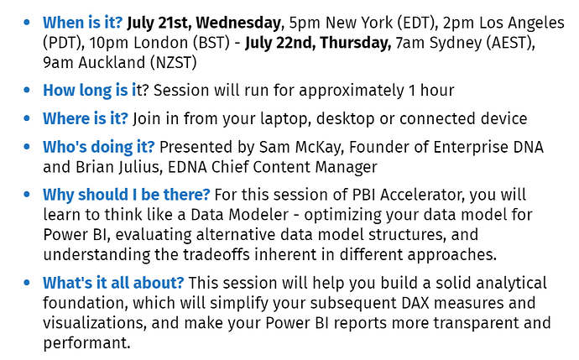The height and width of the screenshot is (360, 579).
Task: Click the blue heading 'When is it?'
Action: click(x=83, y=23)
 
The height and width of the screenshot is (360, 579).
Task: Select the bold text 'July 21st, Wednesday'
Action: click(x=204, y=23)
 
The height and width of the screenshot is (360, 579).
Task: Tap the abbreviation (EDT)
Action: click(x=417, y=23)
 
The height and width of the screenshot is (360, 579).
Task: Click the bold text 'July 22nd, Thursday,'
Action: click(x=318, y=43)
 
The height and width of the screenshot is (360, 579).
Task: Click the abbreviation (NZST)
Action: click(x=173, y=63)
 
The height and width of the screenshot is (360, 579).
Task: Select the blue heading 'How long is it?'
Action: click(x=96, y=91)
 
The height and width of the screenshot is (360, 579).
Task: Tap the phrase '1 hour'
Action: click(x=431, y=91)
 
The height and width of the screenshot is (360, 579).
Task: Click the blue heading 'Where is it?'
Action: click(x=86, y=119)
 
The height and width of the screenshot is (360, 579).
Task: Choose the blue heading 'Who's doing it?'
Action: click(x=99, y=148)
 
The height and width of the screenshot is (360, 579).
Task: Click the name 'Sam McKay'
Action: click(x=301, y=148)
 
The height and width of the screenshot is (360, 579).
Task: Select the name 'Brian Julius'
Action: click(x=118, y=167)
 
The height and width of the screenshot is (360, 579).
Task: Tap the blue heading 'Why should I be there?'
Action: click(x=127, y=195)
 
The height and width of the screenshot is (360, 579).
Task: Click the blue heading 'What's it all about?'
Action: click(x=113, y=283)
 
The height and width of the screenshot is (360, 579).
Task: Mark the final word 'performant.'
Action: click(x=86, y=343)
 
